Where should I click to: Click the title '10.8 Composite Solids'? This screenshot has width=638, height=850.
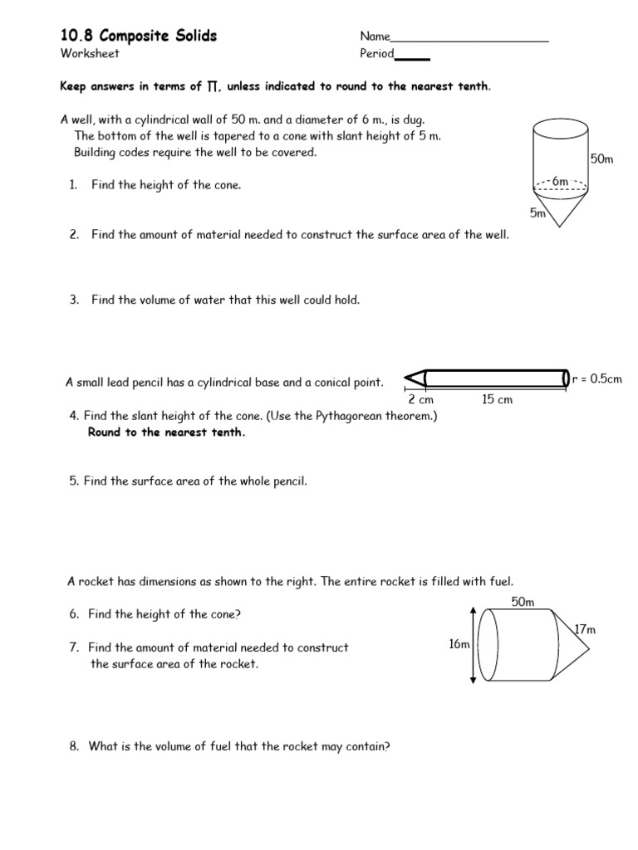(138, 36)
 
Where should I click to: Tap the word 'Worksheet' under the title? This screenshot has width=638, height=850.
(90, 54)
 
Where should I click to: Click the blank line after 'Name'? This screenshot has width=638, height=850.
(469, 38)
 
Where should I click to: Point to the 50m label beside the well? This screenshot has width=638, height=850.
(601, 159)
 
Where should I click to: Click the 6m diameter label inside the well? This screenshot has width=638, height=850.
(560, 182)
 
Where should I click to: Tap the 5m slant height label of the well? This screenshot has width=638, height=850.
(537, 213)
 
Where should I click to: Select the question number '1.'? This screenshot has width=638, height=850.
(74, 185)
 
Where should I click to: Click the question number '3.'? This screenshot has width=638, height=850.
(74, 300)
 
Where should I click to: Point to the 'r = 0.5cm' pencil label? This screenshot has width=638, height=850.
(596, 379)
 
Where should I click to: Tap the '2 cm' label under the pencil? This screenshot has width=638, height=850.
(420, 400)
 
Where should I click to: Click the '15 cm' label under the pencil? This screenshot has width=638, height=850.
(497, 400)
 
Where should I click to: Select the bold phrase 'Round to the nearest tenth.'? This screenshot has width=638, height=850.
(166, 432)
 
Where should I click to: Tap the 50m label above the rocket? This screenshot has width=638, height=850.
(523, 602)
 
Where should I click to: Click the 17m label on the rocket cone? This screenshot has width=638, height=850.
(586, 629)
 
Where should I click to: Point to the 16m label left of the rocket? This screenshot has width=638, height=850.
(459, 644)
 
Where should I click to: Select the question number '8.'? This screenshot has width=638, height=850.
(74, 746)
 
